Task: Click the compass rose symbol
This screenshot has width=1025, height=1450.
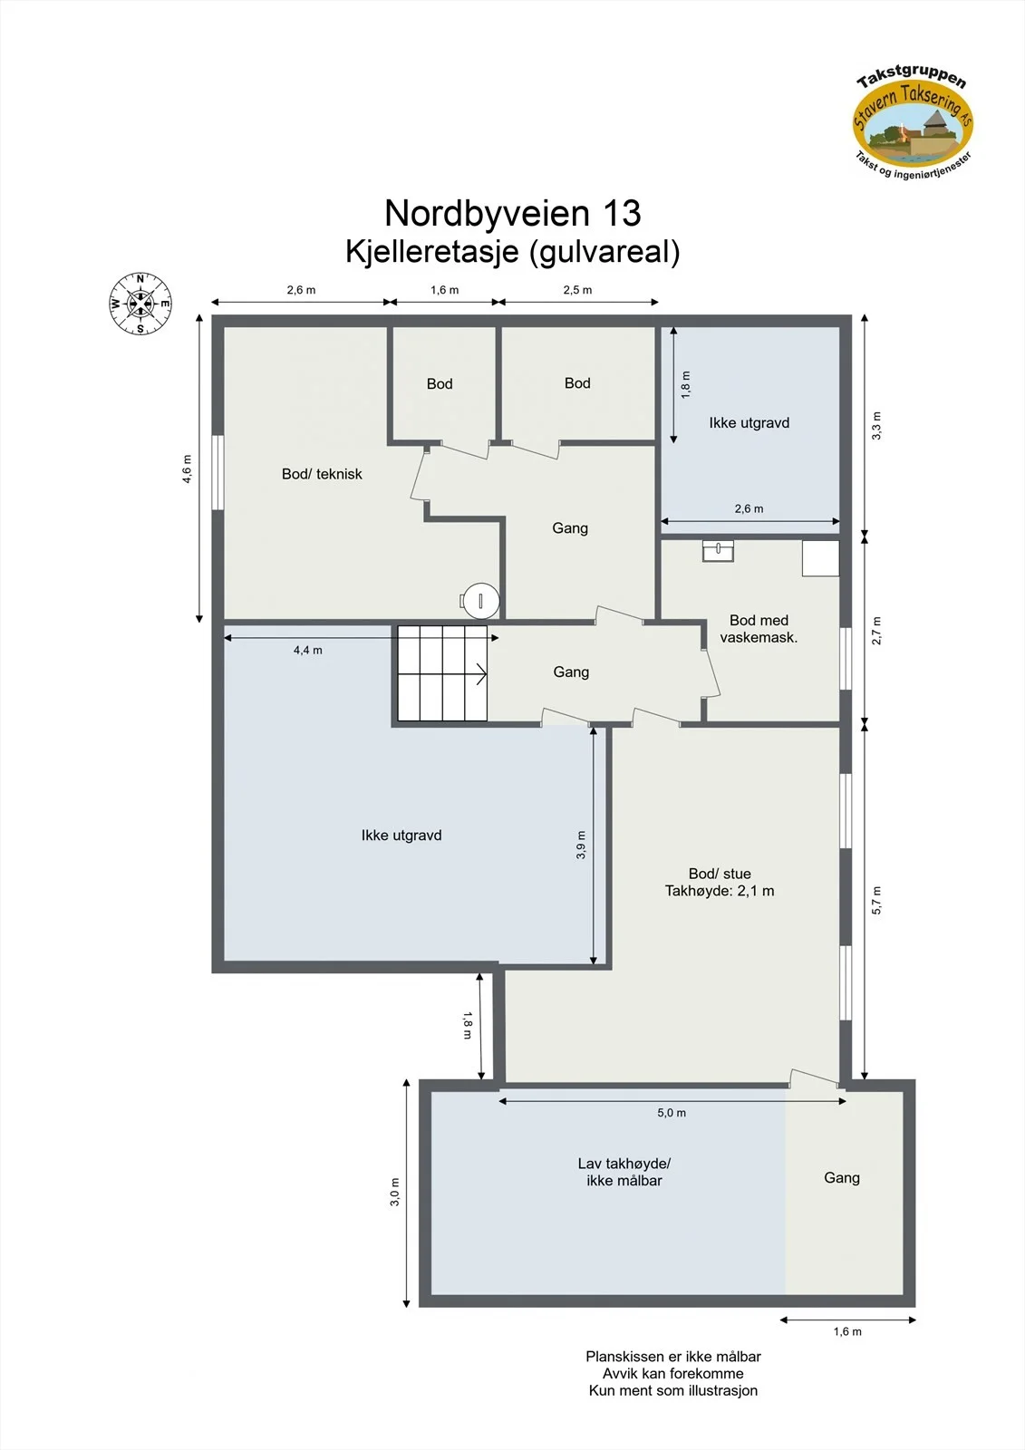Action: pyautogui.click(x=140, y=304)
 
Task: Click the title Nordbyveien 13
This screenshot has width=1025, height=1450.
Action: pyautogui.click(x=512, y=212)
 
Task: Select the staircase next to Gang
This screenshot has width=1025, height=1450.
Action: pyautogui.click(x=442, y=673)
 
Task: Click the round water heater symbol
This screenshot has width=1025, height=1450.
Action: pyautogui.click(x=479, y=601)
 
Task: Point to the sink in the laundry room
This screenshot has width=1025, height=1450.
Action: pyautogui.click(x=718, y=551)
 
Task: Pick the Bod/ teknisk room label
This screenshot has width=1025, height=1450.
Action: pyautogui.click(x=322, y=474)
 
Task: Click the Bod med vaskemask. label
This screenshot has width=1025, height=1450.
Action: pyautogui.click(x=759, y=629)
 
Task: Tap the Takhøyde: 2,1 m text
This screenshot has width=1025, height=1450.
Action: pyautogui.click(x=720, y=891)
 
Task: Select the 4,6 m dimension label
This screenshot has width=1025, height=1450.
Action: pyautogui.click(x=187, y=469)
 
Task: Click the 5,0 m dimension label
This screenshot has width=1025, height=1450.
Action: pyautogui.click(x=672, y=1113)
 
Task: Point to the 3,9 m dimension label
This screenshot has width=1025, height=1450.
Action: pyautogui.click(x=581, y=845)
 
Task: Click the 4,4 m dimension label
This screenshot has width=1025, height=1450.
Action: pyautogui.click(x=307, y=650)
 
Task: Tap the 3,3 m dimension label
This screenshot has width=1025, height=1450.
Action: pyautogui.click(x=876, y=425)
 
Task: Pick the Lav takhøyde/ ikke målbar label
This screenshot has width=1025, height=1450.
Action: pyautogui.click(x=624, y=1172)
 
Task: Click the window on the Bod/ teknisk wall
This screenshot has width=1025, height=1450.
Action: pyautogui.click(x=218, y=472)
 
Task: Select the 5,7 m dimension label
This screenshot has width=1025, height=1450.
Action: pyautogui.click(x=876, y=900)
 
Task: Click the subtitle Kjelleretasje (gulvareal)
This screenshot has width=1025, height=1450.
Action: pyautogui.click(x=512, y=252)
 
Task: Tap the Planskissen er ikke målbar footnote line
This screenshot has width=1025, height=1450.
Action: pyautogui.click(x=672, y=1356)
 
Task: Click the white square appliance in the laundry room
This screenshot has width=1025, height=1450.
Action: pyautogui.click(x=820, y=558)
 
